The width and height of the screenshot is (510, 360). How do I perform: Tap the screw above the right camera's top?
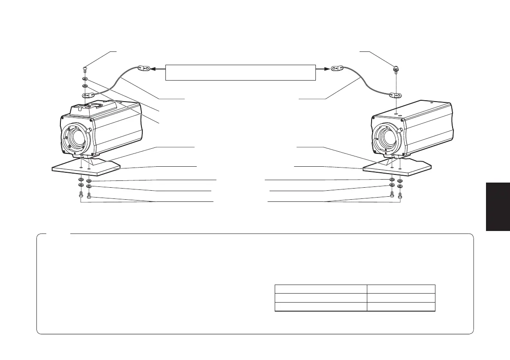pos(396,69)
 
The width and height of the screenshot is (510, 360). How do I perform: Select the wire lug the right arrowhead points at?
pos(338,68)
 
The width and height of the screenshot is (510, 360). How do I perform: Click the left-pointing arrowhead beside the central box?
pos(152,68)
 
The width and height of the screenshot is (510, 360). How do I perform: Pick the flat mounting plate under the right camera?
pos(396,168)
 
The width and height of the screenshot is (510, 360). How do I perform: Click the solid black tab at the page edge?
pos(498,206)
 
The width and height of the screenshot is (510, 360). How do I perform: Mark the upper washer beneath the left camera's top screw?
pos(85,79)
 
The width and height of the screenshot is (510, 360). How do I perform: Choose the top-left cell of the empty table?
pos(321,288)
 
